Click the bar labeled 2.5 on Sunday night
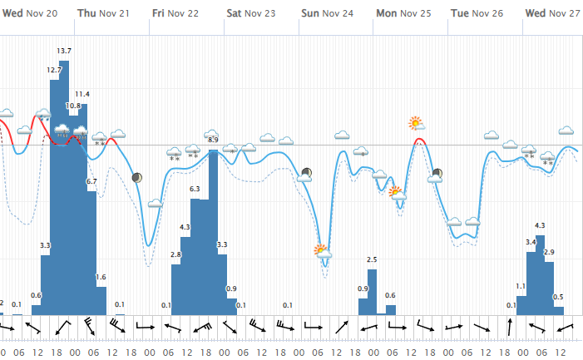pyautogui.click(x=372, y=291)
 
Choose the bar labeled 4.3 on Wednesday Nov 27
pyautogui.click(x=540, y=274)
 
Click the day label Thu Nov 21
pyautogui.click(x=103, y=13)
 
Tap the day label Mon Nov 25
pyautogui.click(x=403, y=13)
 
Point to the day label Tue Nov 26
pyautogui.click(x=477, y=13)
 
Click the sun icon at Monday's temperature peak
pyautogui.click(x=416, y=124)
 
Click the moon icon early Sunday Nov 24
pyautogui.click(x=307, y=173)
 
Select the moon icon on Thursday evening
pyautogui.click(x=136, y=177)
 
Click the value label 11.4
pyautogui.click(x=82, y=94)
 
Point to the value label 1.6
pyautogui.click(x=101, y=277)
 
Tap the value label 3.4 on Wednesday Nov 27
pyautogui.click(x=530, y=242)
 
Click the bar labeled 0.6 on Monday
pyautogui.click(x=390, y=309)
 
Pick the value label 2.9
pyautogui.click(x=549, y=251)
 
